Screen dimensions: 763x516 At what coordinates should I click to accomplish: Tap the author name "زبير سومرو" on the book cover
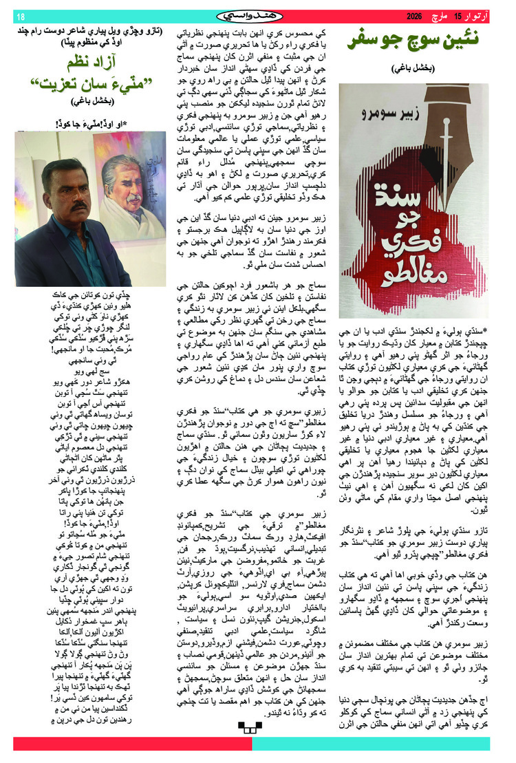(405, 106)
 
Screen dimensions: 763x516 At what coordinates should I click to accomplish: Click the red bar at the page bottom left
(131, 744)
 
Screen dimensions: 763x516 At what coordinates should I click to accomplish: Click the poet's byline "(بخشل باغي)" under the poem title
(89, 103)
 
